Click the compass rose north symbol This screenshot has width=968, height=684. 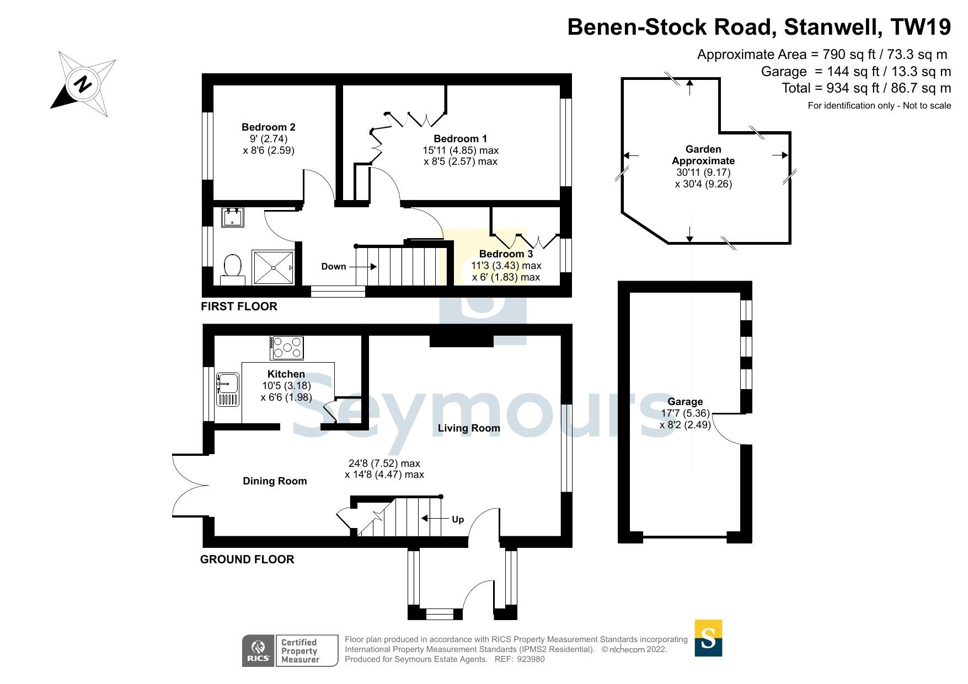click(x=83, y=84)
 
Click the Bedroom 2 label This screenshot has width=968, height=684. click(x=269, y=127)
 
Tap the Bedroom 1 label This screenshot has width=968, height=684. click(x=460, y=139)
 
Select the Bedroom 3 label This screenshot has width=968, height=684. click(x=506, y=254)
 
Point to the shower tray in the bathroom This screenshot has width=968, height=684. click(x=274, y=268)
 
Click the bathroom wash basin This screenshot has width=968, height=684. click(x=232, y=217)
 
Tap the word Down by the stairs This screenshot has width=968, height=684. click(x=333, y=267)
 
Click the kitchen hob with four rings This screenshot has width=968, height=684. click(x=287, y=347)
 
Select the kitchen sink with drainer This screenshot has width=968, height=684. click(x=228, y=389)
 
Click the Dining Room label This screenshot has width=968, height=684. click(x=275, y=481)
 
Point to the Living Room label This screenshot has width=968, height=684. click(x=469, y=428)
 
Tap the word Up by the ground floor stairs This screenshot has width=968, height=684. click(x=458, y=520)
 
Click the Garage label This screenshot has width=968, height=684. click(x=685, y=402)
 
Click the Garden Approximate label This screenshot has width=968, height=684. click(x=703, y=155)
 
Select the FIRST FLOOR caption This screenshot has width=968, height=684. click(x=239, y=306)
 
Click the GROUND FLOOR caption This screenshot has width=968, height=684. click(x=247, y=559)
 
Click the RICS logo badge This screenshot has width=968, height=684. click(x=258, y=651)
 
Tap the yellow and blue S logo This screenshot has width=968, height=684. click(x=708, y=638)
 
